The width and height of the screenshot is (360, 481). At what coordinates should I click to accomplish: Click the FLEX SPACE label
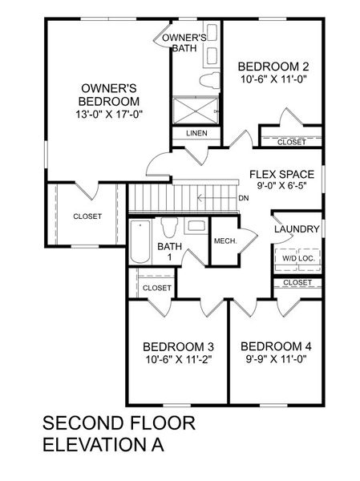[281, 174]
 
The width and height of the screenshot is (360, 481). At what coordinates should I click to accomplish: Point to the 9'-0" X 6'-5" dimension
[281, 186]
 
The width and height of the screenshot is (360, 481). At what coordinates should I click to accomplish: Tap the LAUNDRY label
[297, 230]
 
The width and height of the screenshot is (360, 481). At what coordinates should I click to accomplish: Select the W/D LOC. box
[297, 258]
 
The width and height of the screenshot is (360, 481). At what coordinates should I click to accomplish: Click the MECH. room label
[224, 240]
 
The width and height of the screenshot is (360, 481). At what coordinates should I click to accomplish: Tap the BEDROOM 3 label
[178, 346]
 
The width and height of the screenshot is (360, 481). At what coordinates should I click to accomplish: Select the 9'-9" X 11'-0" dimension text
[275, 359]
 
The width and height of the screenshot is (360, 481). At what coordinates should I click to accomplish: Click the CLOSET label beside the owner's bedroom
[87, 216]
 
